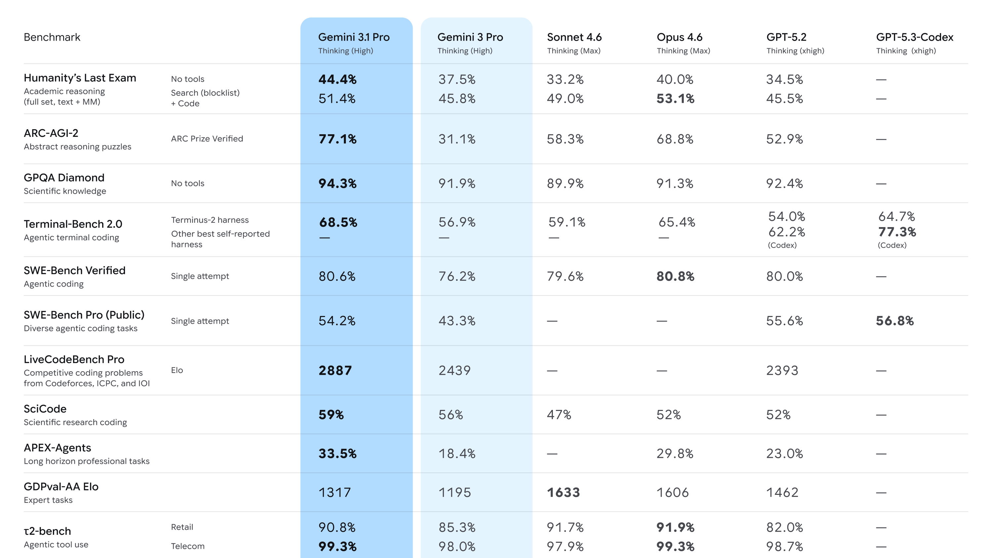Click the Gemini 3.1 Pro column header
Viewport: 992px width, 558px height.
[x=353, y=37]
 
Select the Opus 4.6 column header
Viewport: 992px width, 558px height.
[x=679, y=37]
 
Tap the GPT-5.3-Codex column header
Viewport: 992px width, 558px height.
[x=914, y=37]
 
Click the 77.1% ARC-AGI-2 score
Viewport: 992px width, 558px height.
[x=337, y=139]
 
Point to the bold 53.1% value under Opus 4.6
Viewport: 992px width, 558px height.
[x=675, y=99]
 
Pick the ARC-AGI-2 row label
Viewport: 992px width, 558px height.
[x=51, y=133]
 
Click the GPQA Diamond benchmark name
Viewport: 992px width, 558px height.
[x=64, y=178]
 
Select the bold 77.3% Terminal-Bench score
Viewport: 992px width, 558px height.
[x=896, y=232]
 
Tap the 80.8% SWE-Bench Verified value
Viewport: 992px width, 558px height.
[x=675, y=276]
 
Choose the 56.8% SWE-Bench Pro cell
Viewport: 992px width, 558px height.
[x=894, y=321]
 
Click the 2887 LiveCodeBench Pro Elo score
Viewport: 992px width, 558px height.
[x=335, y=371]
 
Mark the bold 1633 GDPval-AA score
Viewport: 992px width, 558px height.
[x=563, y=492]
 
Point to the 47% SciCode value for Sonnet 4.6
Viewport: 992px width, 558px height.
[x=559, y=415]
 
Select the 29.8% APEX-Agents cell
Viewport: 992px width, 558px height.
[x=675, y=454]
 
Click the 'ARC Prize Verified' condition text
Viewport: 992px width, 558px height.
[x=207, y=139]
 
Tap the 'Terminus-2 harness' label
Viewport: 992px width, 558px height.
[x=210, y=220]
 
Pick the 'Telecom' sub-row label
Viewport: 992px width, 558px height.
[x=187, y=546]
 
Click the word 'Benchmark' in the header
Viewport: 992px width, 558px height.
[x=52, y=37]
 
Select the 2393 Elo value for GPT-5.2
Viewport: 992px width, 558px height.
[x=782, y=371]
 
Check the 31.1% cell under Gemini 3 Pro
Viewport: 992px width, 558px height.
[x=457, y=139]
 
